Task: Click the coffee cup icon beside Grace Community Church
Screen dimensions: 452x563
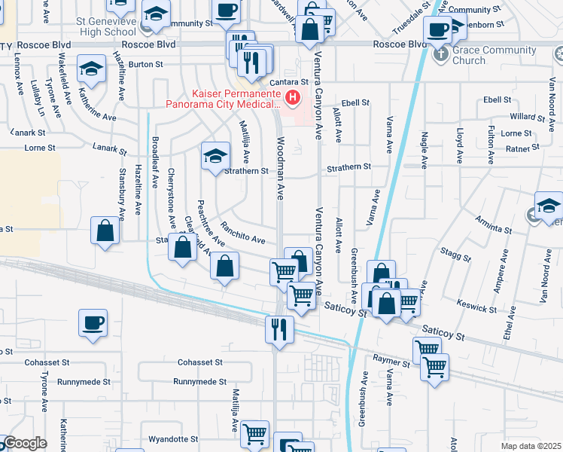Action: click(438, 30)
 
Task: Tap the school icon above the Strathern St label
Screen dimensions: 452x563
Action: click(215, 156)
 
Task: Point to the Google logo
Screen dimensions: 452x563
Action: click(24, 444)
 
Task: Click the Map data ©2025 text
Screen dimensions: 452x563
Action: click(531, 446)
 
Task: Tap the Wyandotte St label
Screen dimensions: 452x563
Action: click(173, 438)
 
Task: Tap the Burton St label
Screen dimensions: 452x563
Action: click(141, 65)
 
